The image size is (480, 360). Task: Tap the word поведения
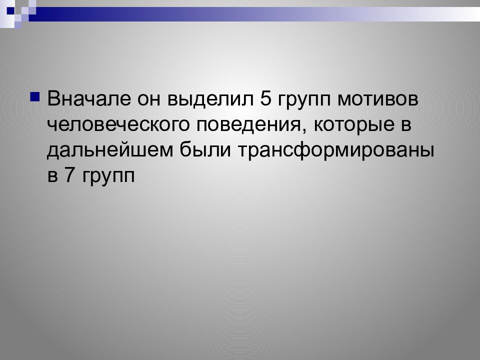click(252, 125)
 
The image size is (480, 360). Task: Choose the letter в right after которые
click(405, 125)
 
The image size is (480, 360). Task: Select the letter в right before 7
click(53, 176)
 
